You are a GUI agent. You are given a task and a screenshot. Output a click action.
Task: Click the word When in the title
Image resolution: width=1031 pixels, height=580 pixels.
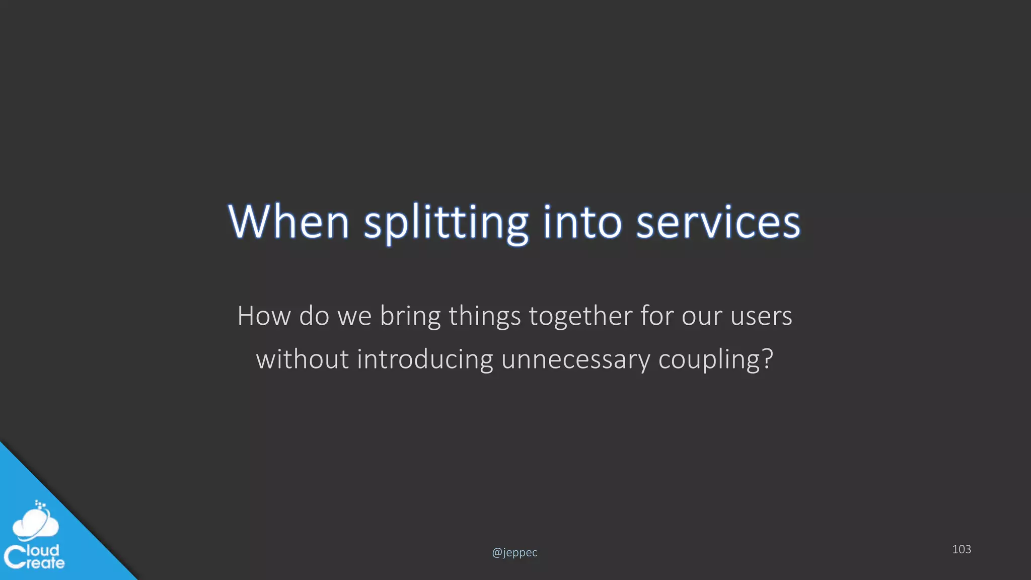tap(288, 222)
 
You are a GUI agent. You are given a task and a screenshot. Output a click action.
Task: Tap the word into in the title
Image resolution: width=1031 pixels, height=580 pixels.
tap(582, 222)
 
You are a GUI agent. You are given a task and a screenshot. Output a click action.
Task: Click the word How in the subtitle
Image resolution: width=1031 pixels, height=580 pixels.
tap(264, 316)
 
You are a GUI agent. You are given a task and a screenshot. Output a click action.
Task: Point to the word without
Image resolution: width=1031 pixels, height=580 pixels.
tap(302, 359)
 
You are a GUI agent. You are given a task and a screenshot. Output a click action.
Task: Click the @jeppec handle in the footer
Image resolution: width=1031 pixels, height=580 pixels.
tap(514, 552)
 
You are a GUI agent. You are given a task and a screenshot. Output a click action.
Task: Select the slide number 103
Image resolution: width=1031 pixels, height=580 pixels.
tap(961, 549)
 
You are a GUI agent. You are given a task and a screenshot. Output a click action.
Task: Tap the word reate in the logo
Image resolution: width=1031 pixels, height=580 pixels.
tap(45, 563)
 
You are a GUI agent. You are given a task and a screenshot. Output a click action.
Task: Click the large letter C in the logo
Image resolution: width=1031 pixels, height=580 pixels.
tap(15, 557)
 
